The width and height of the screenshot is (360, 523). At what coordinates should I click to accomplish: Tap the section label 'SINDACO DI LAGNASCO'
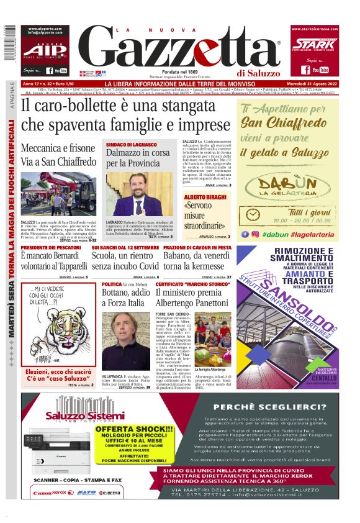[x=132, y=143]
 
